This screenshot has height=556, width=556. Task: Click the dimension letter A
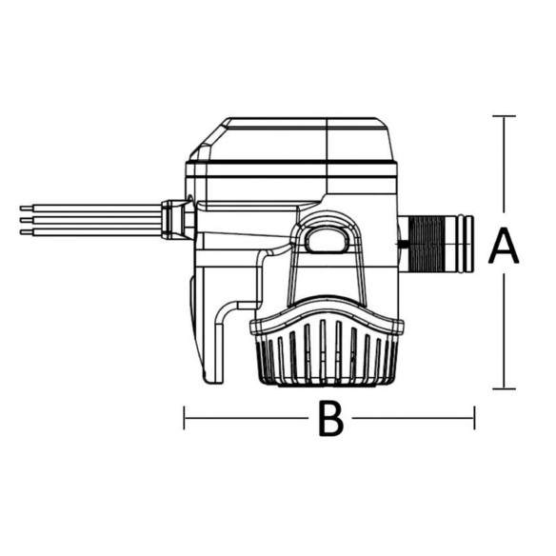pyautogui.click(x=504, y=246)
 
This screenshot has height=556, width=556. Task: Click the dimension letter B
pyautogui.click(x=331, y=418)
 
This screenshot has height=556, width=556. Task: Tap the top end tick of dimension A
pyautogui.click(x=504, y=116)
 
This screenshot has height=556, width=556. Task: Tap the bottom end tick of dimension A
pyautogui.click(x=504, y=388)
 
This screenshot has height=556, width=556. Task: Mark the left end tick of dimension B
pyautogui.click(x=184, y=418)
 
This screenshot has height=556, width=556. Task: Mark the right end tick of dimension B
pyautogui.click(x=474, y=418)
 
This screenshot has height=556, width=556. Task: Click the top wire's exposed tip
pyautogui.click(x=26, y=208)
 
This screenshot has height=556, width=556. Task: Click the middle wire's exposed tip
pyautogui.click(x=26, y=220)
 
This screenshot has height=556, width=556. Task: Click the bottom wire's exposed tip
pyautogui.click(x=26, y=232)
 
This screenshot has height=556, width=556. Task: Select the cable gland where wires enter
pyautogui.click(x=176, y=220)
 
